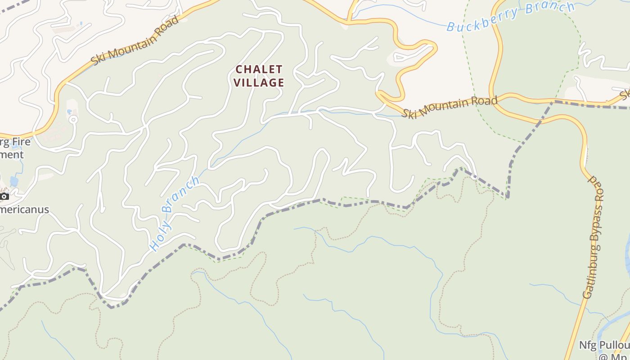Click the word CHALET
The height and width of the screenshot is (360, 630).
coord(259,70)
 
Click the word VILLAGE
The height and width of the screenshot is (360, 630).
coord(259,83)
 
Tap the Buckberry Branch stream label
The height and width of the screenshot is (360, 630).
coord(511,16)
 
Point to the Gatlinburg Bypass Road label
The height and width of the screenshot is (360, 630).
coord(594,238)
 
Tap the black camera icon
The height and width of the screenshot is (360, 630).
coord(4,197)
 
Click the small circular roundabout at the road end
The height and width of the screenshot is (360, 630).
coord(72,119)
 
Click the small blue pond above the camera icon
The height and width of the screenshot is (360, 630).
coord(14,181)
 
